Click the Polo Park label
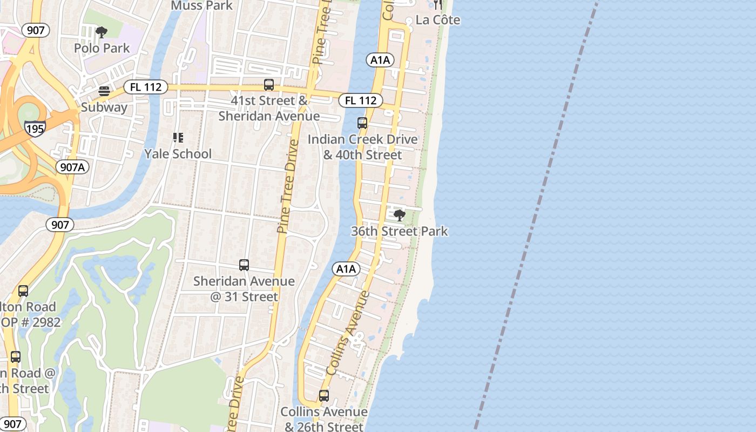tap(102, 48)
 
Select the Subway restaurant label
tap(104, 107)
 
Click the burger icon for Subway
tap(104, 91)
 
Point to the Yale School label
tap(178, 154)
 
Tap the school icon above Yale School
tap(178, 138)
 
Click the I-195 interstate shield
tap(35, 127)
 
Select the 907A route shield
tap(72, 167)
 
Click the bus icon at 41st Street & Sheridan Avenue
tap(268, 85)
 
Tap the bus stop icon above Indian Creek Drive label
tap(362, 123)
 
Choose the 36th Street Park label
tap(400, 231)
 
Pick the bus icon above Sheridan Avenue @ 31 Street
tap(244, 265)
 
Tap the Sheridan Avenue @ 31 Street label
tap(244, 288)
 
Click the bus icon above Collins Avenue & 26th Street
tap(324, 396)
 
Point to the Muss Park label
tap(201, 5)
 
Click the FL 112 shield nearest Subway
tap(145, 86)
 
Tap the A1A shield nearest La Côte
tap(380, 60)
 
